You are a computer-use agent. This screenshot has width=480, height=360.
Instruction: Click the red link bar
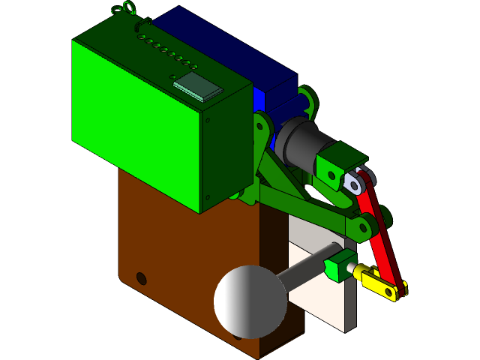click(382, 232)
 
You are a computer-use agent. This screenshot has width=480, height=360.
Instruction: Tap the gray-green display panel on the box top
click(199, 87)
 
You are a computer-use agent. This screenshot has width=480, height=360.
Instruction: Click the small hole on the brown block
click(141, 278)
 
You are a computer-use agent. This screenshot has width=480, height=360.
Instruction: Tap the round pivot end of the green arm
click(365, 227)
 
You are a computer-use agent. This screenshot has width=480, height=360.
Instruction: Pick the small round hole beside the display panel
click(173, 76)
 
